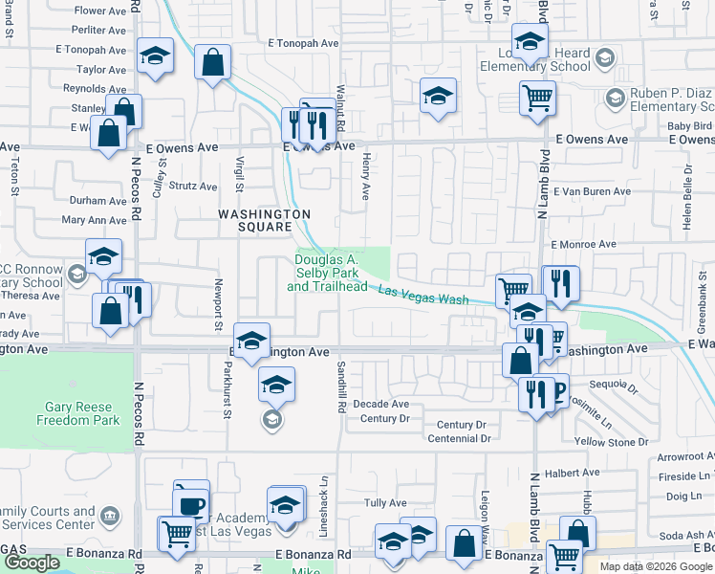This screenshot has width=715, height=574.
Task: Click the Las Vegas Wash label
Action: (423, 296)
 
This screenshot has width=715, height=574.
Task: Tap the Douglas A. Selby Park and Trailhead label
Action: (326, 273)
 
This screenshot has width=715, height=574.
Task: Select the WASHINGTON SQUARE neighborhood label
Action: (252, 220)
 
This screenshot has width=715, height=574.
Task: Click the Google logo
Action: (32, 563)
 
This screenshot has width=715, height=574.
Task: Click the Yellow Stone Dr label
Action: (612, 442)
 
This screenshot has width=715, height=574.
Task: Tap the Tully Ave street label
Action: (385, 502)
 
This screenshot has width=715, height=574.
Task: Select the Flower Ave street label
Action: (101, 11)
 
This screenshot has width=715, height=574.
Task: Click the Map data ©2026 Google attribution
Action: (655, 566)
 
